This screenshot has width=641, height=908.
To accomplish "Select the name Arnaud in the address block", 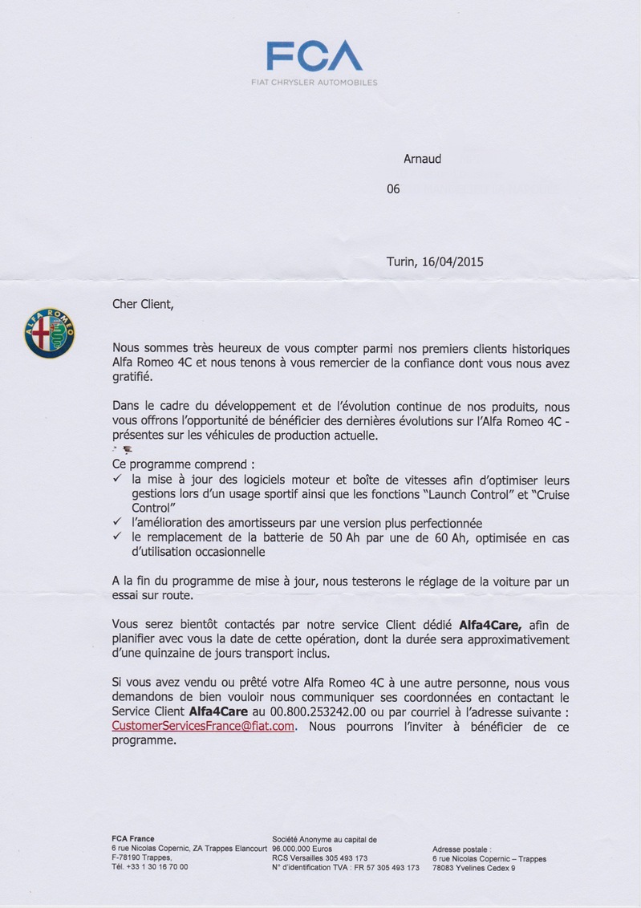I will (422, 159).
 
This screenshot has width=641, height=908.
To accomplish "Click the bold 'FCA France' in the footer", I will (133, 839).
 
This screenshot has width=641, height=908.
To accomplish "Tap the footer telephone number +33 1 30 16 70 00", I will (150, 867).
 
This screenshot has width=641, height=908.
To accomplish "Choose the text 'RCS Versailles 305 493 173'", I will (319, 858).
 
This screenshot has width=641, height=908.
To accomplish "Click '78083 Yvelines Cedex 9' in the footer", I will (473, 868).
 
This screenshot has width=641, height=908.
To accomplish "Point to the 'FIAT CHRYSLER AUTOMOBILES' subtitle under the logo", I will (314, 83).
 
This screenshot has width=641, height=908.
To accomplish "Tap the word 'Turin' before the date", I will (401, 261).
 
